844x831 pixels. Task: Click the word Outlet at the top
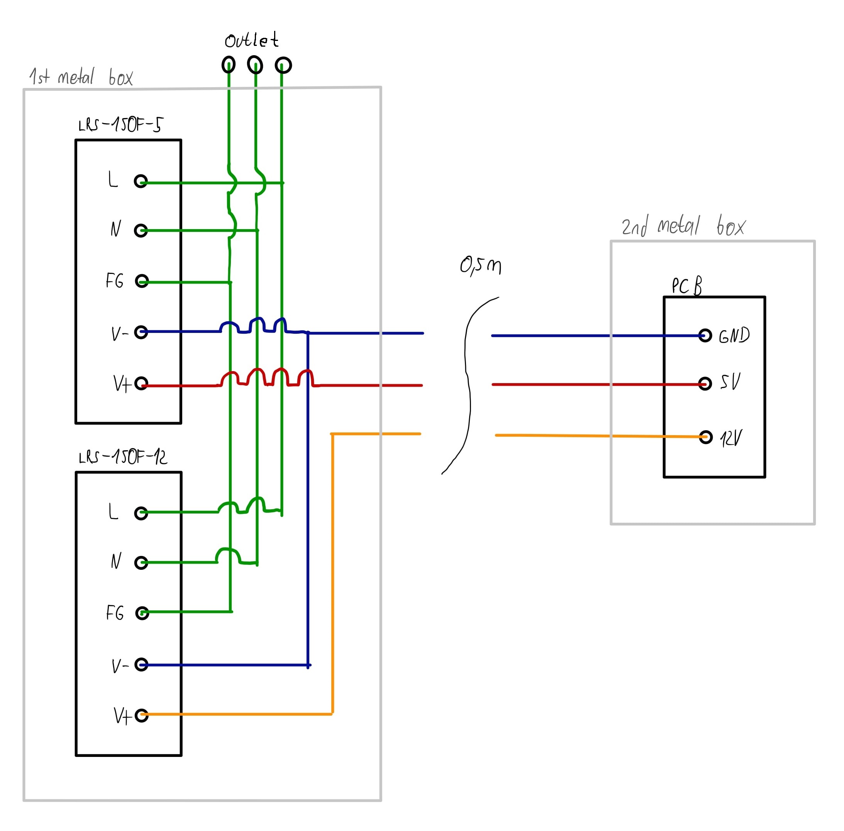coord(251,41)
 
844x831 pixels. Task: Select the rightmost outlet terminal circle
coord(283,66)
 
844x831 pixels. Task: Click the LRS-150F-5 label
coord(120,125)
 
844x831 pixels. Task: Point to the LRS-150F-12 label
coord(123,457)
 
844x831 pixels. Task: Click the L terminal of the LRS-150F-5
coord(141,181)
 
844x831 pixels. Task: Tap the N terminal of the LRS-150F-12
coord(141,562)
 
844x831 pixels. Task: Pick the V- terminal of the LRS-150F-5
coord(141,332)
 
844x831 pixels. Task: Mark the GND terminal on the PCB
coord(705,335)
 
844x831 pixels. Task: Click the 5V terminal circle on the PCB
coord(705,383)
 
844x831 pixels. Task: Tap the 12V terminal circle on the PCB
coord(706,437)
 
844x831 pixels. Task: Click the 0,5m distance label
coord(481,265)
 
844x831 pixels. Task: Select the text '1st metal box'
coord(81,77)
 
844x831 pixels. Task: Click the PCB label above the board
coord(687,286)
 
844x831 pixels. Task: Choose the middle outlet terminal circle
coord(255,65)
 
